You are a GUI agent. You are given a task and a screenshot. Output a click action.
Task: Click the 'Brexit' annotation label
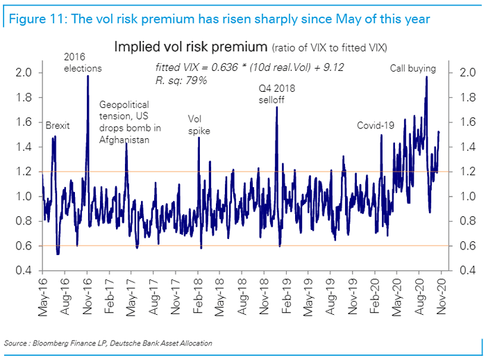click(x=58, y=126)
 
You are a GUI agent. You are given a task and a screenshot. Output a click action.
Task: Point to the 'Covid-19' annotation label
click(x=376, y=126)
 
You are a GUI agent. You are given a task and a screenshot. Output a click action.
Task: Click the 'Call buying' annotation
click(x=412, y=69)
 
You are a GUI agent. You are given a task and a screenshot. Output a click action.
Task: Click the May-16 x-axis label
click(x=44, y=295)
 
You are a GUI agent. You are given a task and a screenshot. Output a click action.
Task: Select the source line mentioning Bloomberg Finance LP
click(x=108, y=344)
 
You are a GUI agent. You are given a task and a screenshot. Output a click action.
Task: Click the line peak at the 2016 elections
click(x=87, y=76)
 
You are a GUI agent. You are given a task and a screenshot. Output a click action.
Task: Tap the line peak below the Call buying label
click(x=426, y=76)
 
